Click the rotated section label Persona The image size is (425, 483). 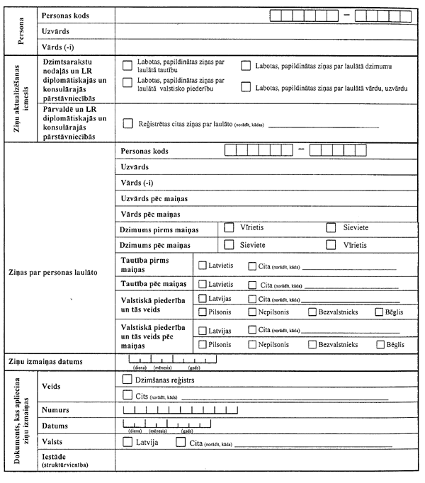pos(21,30)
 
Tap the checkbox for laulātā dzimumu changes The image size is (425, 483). pos(246,67)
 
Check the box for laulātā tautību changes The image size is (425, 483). pos(127,66)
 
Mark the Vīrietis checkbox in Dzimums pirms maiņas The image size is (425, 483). pos(229,228)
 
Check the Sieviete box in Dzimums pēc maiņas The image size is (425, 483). pos(229,244)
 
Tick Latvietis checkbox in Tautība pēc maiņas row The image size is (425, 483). pos(203,284)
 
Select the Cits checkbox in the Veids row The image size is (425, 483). pos(127,395)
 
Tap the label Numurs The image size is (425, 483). pos(56,410)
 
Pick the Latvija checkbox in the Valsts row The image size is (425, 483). pos(127,443)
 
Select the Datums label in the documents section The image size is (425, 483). pos(55,426)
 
